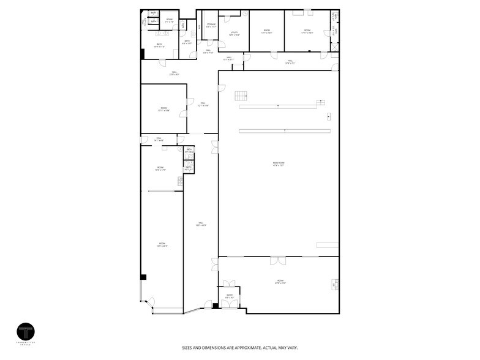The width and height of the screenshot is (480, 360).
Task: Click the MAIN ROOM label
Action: pos(279,164)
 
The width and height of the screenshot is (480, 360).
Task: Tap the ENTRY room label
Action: pos(230,296)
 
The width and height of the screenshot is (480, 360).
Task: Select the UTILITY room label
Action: pos(234,34)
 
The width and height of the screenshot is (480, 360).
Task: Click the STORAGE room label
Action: pos(211,26)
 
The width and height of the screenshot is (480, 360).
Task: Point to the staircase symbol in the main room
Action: pos(241,96)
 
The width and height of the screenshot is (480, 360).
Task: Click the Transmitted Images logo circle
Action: pos(26,332)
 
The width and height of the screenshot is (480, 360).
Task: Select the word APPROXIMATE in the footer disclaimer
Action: pos(243,348)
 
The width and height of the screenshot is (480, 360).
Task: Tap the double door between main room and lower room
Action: pos(278,261)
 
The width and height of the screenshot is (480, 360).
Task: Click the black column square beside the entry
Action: pos(216,306)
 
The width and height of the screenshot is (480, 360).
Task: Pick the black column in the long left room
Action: pos(143,277)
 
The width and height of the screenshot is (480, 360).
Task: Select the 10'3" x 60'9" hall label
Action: pos(201,224)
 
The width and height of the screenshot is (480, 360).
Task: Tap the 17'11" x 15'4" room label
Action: pos(163,110)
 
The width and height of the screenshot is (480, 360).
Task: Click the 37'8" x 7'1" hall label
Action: pos(290,62)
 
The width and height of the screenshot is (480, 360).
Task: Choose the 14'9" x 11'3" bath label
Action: pos(159,45)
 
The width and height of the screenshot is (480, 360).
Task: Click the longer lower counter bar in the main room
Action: pos(285,130)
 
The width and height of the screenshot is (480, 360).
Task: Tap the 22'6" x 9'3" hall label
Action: pos(174,73)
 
